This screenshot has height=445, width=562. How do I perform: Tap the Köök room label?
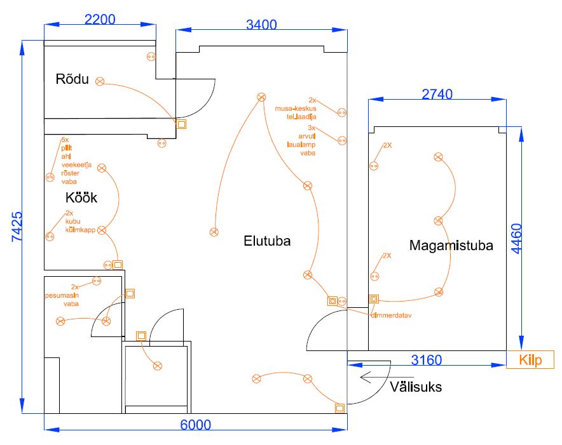click(81, 197)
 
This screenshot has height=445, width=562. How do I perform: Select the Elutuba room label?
click(267, 241)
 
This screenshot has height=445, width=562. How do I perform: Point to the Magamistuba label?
click(451, 246)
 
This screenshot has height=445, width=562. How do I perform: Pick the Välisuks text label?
click(416, 386)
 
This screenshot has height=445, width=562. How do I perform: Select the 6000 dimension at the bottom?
click(195, 425)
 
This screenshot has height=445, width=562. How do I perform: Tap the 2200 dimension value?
click(100, 19)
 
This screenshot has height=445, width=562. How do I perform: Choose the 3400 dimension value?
click(261, 25)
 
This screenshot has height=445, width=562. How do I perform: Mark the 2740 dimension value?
click(437, 94)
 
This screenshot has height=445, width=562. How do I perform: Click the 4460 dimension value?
click(516, 238)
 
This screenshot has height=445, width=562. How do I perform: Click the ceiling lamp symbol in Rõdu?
click(100, 81)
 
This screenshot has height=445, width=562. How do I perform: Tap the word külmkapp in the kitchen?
click(80, 230)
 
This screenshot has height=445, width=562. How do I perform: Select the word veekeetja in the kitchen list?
click(76, 164)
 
